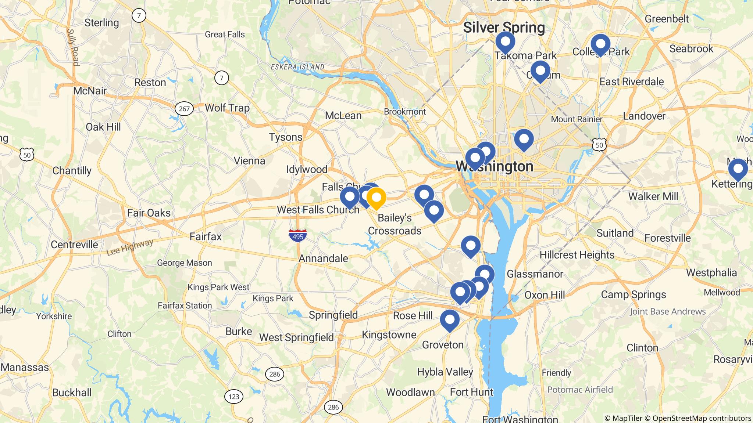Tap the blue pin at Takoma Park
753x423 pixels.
pyautogui.click(x=505, y=42)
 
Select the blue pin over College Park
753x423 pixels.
pyautogui.click(x=600, y=44)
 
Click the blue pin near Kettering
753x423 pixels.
pyautogui.click(x=738, y=170)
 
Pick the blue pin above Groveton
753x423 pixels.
pyautogui.click(x=450, y=320)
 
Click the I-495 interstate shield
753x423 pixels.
pyautogui.click(x=297, y=235)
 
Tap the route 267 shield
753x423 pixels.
pyautogui.click(x=184, y=109)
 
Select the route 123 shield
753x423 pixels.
pyautogui.click(x=233, y=397)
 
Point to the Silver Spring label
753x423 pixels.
pyautogui.click(x=504, y=28)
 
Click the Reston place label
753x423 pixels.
pyautogui.click(x=150, y=82)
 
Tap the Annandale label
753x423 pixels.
pyautogui.click(x=323, y=258)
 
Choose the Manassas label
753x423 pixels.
pyautogui.click(x=25, y=367)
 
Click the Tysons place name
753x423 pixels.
pyautogui.click(x=286, y=137)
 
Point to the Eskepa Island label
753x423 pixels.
pyautogui.click(x=297, y=67)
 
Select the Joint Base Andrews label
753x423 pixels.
pyautogui.click(x=668, y=312)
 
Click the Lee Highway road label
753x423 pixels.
pyautogui.click(x=129, y=247)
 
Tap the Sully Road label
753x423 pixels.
pyautogui.click(x=72, y=48)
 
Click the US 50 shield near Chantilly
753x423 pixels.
pyautogui.click(x=27, y=155)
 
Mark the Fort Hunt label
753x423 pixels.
pyautogui.click(x=471, y=392)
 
